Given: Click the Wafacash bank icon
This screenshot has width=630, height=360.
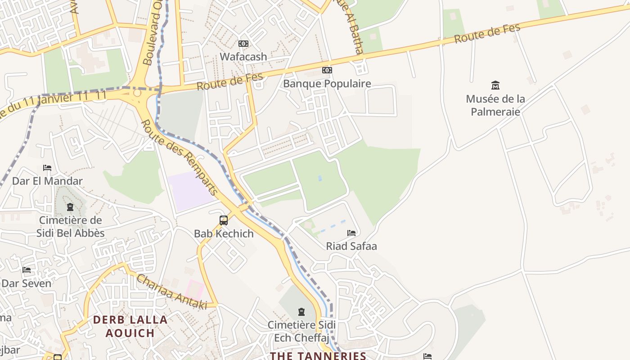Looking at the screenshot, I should pos(243,44).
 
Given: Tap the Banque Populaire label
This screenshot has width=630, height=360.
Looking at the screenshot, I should pos(327,84).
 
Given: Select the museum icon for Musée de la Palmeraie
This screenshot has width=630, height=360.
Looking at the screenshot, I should pos(495,85).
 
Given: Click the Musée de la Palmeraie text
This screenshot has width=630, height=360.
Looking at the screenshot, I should pos(495,105).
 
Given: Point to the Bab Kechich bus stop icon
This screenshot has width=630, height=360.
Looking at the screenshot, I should pos(224,220).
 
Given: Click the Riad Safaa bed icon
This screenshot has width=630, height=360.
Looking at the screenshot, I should pos(351,233).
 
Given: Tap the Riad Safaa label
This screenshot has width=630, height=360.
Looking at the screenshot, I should pos(351,246).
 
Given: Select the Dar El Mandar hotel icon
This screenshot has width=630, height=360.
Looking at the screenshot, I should pos(47,168).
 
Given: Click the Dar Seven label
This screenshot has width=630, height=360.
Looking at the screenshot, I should pos(27,283).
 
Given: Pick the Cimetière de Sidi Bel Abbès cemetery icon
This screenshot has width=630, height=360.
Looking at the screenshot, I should pos(70,207).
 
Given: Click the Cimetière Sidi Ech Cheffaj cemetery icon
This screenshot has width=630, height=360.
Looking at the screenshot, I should pos(301,311).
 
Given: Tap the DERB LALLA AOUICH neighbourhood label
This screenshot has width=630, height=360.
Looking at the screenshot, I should pos(130,326).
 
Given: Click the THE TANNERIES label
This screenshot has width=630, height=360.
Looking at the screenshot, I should pos(318,355).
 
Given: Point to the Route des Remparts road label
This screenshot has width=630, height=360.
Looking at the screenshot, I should pos(180,157).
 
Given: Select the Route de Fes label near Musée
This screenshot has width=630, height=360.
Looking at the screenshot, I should pos(487,34).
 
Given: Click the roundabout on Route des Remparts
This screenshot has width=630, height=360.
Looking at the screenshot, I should pos(137,93).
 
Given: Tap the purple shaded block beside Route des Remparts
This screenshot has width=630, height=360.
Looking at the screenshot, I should pos(190,191).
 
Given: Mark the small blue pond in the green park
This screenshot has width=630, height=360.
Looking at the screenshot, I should pos(320,179).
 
